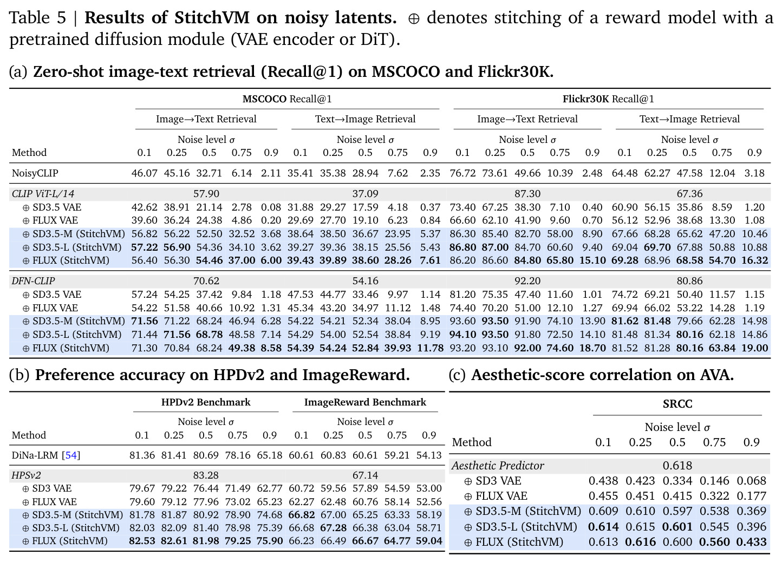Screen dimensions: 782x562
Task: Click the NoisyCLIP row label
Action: pyautogui.click(x=35, y=173)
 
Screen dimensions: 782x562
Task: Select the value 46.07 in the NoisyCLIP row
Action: pyautogui.click(x=144, y=173)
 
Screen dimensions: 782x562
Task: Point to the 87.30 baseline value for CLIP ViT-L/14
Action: pyautogui.click(x=527, y=194)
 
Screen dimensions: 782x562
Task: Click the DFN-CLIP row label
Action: pyautogui.click(x=33, y=281)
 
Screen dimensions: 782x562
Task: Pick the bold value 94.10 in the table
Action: pyautogui.click(x=462, y=335)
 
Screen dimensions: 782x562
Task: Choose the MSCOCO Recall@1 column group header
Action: pyautogui.click(x=287, y=99)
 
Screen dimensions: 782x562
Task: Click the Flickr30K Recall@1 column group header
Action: pyautogui.click(x=608, y=99)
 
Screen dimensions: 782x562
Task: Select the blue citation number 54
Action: pyautogui.click(x=71, y=455)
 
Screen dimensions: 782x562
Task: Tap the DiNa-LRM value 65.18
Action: pyautogui.click(x=270, y=455)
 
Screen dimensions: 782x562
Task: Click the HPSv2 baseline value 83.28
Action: pyautogui.click(x=206, y=475)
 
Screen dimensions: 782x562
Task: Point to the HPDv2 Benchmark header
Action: pyautogui.click(x=206, y=402)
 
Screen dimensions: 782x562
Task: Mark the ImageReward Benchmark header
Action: pyautogui.click(x=365, y=402)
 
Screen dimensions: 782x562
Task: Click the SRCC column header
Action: pyautogui.click(x=677, y=404)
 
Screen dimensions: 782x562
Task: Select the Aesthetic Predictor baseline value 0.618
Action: pyautogui.click(x=677, y=466)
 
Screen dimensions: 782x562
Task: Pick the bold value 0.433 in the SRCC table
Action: pyautogui.click(x=751, y=542)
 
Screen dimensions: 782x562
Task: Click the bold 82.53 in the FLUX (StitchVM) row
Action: pyautogui.click(x=142, y=541)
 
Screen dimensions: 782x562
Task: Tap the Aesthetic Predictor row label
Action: pyautogui.click(x=498, y=466)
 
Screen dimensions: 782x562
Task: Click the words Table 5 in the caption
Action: pyautogui.click(x=38, y=17)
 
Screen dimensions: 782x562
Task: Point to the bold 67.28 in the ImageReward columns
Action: pyautogui.click(x=333, y=528)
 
